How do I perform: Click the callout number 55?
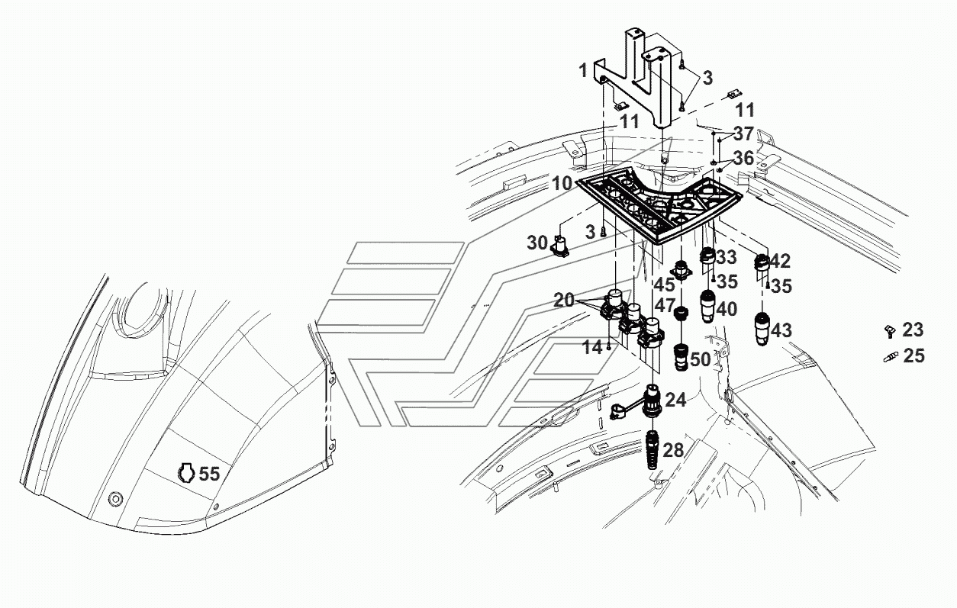coord(209,474)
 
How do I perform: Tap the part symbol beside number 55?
coord(186,473)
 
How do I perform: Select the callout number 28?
coord(674,450)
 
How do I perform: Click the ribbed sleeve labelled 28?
coord(652,449)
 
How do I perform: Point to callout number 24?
coord(676,401)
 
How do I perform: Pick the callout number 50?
coord(701,360)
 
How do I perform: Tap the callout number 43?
coord(781,330)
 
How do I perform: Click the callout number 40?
coord(727,309)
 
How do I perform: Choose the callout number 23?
coord(913,330)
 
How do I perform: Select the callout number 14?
coord(592,348)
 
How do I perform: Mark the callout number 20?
coord(565,300)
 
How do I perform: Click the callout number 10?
coord(562,184)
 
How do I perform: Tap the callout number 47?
coord(665,306)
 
